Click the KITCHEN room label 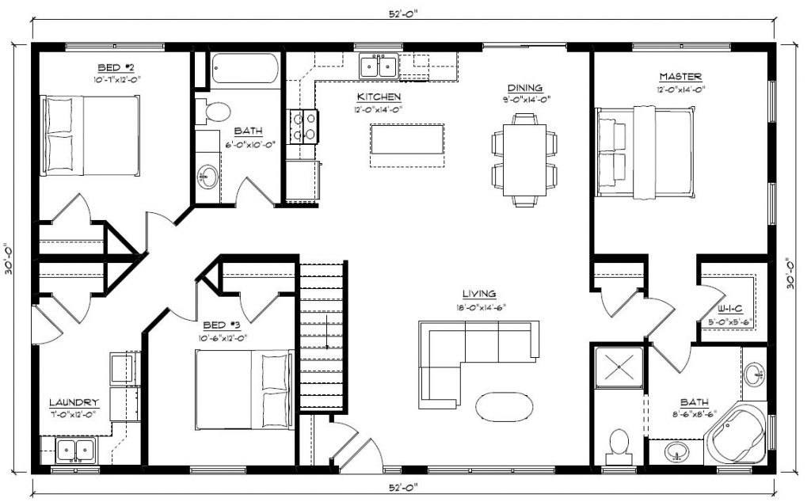click(x=379, y=97)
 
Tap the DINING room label click(x=524, y=88)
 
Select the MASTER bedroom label click(x=680, y=77)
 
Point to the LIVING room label click(x=479, y=294)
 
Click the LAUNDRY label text click(x=74, y=402)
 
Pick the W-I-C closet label click(x=729, y=309)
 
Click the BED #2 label click(x=116, y=67)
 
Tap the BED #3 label click(x=222, y=325)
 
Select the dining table click(x=524, y=160)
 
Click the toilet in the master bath click(x=619, y=447)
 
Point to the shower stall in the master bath click(x=619, y=367)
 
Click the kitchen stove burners click(x=303, y=127)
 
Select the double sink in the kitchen click(x=379, y=66)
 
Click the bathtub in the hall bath click(x=246, y=68)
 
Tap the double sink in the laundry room click(x=75, y=451)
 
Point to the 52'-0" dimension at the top click(x=403, y=14)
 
